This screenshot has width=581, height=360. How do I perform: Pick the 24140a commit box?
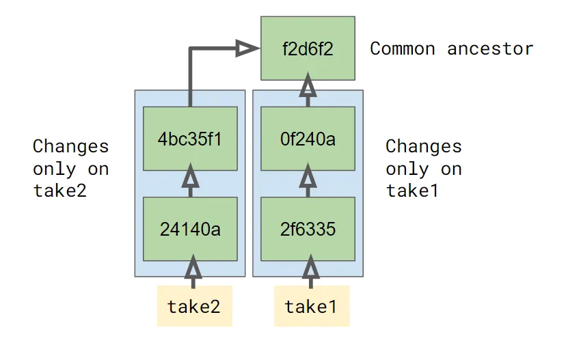click(x=190, y=229)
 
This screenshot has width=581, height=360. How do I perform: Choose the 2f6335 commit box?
click(x=308, y=229)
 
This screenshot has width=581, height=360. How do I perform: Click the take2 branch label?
click(x=194, y=306)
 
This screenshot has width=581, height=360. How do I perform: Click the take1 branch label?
click(x=311, y=306)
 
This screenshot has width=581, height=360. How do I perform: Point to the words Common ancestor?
click(x=451, y=49)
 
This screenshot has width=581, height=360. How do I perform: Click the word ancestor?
click(x=490, y=49)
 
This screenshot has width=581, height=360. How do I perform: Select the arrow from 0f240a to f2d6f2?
click(x=308, y=91)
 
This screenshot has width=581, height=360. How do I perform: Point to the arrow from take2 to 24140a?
click(x=193, y=271)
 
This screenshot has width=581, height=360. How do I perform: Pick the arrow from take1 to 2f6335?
click(x=311, y=271)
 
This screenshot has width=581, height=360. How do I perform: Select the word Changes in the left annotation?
click(x=70, y=146)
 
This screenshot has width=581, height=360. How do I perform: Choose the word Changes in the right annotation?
click(x=423, y=146)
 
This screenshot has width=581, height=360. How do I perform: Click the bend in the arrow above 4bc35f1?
click(x=191, y=49)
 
